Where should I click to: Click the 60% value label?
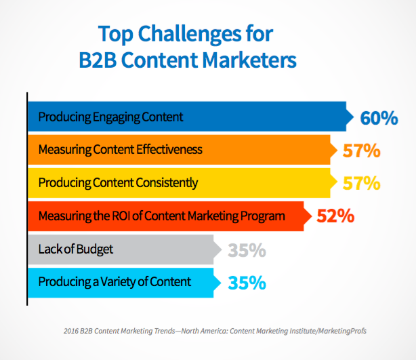coord(379,118)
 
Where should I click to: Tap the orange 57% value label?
coord(362,151)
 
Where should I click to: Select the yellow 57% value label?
coord(362,183)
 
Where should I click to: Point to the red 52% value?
coord(335,216)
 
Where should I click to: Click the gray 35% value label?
coord(247,250)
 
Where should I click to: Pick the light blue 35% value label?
coord(247,283)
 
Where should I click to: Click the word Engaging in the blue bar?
coord(116,117)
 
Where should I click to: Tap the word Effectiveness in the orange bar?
coord(169,149)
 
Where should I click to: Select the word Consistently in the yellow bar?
coord(167,183)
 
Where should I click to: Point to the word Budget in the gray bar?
coord(95,249)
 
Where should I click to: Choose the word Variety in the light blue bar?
coord(116,282)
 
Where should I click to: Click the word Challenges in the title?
coord(190,35)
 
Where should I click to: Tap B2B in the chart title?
coord(98,60)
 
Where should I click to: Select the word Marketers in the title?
coord(249,60)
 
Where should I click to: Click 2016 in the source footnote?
coord(71,331)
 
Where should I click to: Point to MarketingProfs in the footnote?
coord(342,331)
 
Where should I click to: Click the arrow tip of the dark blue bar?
coord(354,117)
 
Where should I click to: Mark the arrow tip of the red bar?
coord(312,216)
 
